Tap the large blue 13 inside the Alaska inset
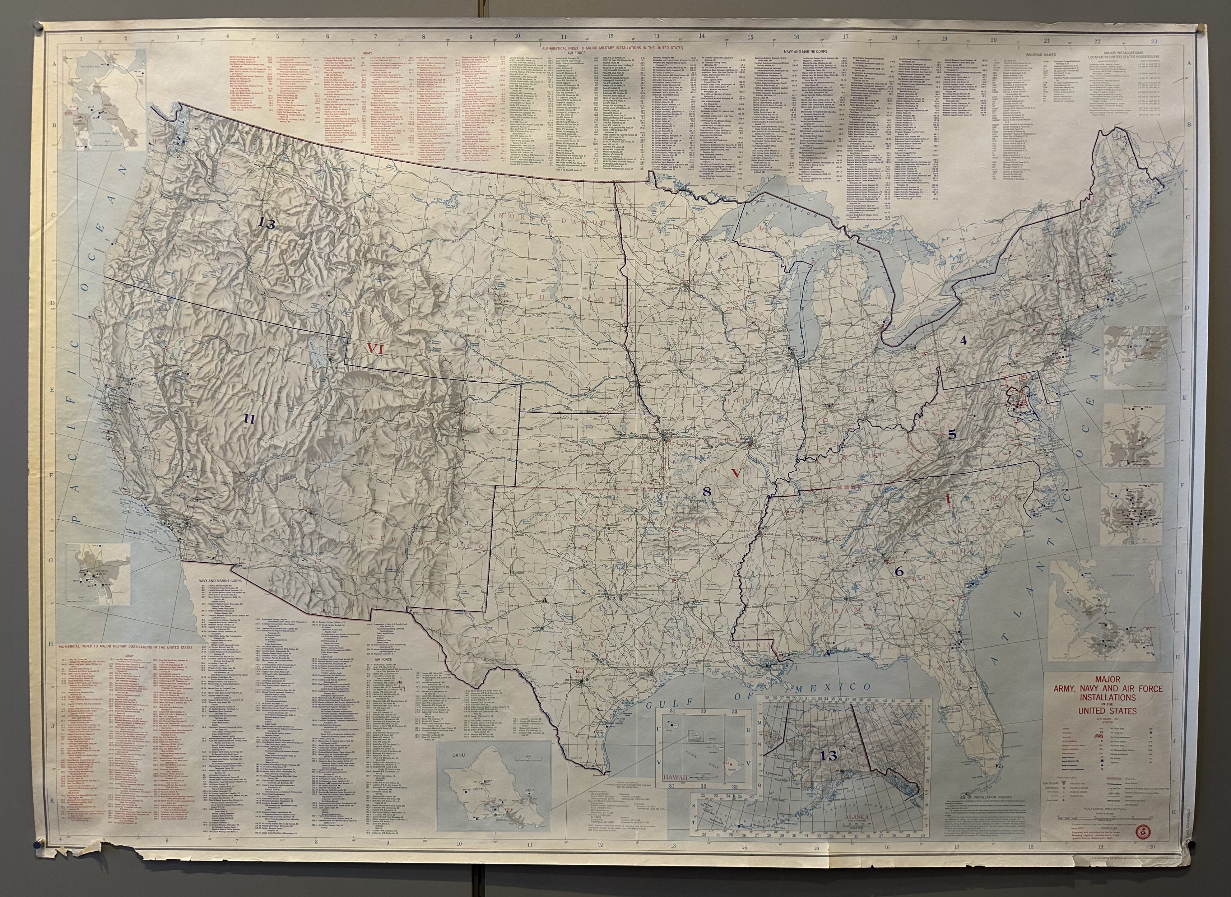pyautogui.click(x=829, y=755)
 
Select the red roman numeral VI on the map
pyautogui.click(x=375, y=349)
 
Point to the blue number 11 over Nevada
pyautogui.click(x=249, y=419)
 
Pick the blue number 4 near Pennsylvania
pyautogui.click(x=963, y=341)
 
